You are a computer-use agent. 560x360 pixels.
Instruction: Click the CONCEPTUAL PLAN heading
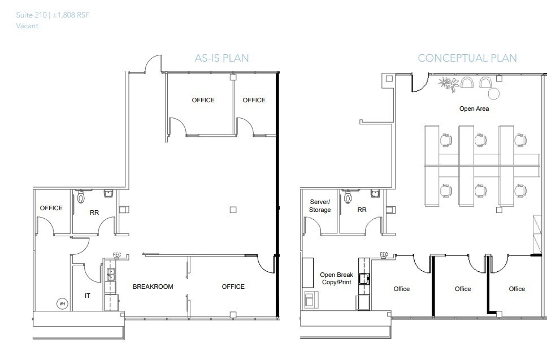coord(467,58)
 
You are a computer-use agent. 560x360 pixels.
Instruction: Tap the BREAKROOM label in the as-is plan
coord(153,287)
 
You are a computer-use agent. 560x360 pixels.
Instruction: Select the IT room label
coord(88,295)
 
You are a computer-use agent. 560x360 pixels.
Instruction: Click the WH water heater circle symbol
coord(62,303)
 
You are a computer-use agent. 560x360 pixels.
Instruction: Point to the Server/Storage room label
coord(320,206)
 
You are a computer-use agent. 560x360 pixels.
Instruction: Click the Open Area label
coord(474,109)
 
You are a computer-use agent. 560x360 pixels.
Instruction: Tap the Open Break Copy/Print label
coord(336,278)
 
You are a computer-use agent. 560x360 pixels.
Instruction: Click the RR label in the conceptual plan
coord(362,210)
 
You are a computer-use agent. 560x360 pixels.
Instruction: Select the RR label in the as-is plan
coord(94,214)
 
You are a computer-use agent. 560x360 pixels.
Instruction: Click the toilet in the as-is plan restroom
coord(81,197)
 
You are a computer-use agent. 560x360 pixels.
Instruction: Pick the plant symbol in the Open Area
coord(449,85)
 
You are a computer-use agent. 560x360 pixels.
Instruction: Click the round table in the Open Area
coord(494,93)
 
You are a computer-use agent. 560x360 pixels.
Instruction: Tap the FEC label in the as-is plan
coord(118,254)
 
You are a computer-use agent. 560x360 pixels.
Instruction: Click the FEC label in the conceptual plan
coord(384,254)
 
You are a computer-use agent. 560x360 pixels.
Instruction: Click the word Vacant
coord(27,26)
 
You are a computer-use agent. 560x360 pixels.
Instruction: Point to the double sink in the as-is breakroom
coord(112,274)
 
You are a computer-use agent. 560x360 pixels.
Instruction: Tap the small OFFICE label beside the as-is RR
coord(51,208)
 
